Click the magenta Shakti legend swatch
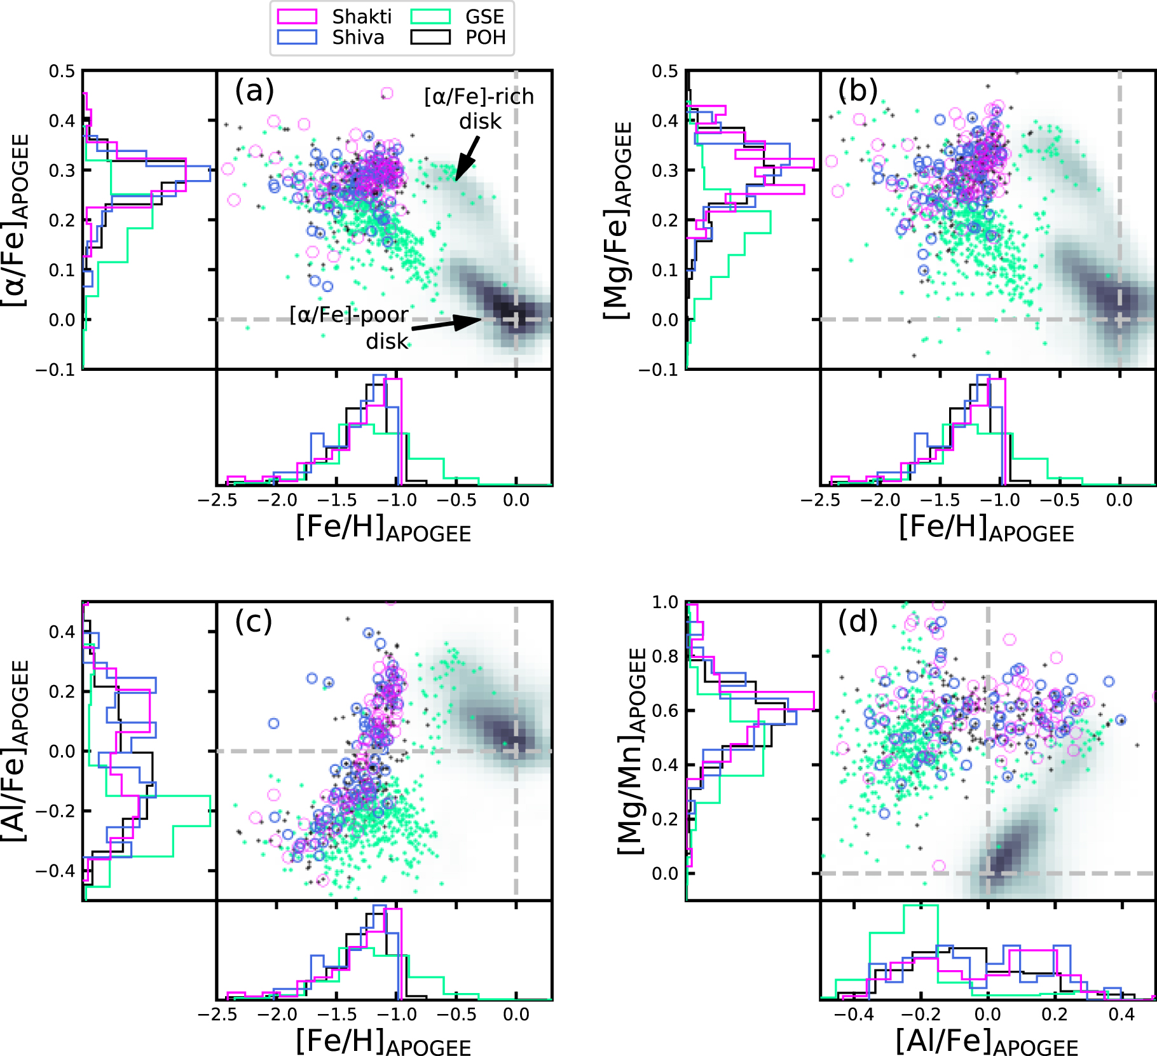[x=297, y=17]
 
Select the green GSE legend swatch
[x=430, y=17]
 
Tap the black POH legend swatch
[x=430, y=38]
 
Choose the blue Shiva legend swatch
[x=297, y=38]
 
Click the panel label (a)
[x=254, y=90]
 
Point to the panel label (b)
[x=858, y=90]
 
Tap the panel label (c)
[x=254, y=621]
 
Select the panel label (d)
[x=858, y=621]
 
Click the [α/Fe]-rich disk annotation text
[x=479, y=108]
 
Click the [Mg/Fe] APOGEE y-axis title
[x=617, y=220]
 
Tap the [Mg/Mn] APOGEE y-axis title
[x=632, y=751]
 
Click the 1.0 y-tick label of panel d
[x=665, y=602]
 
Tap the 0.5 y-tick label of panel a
[x=62, y=71]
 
